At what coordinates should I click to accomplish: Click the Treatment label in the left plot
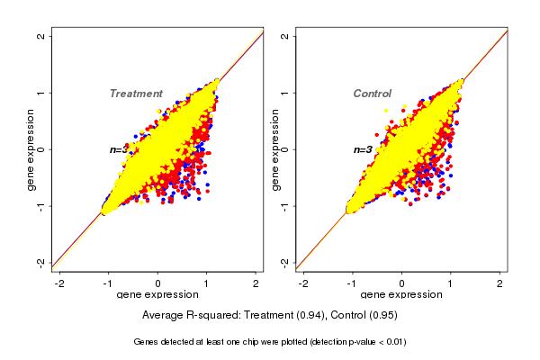click(136, 94)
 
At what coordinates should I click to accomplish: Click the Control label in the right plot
click(372, 94)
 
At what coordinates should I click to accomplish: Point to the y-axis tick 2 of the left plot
click(41, 37)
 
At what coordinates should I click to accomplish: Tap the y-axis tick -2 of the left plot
click(41, 262)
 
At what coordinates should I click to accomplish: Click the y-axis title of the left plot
click(31, 149)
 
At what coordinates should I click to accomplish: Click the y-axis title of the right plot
click(274, 149)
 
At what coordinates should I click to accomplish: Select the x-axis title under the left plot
click(158, 295)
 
